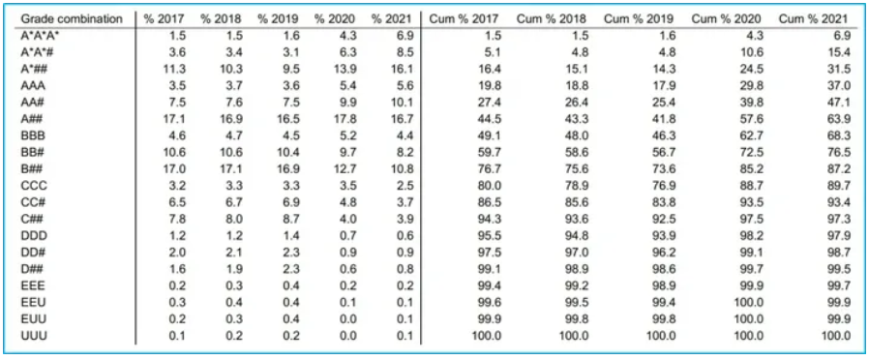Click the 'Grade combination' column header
click(x=72, y=18)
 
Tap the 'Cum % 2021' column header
click(x=813, y=18)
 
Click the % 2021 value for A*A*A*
click(x=404, y=36)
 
